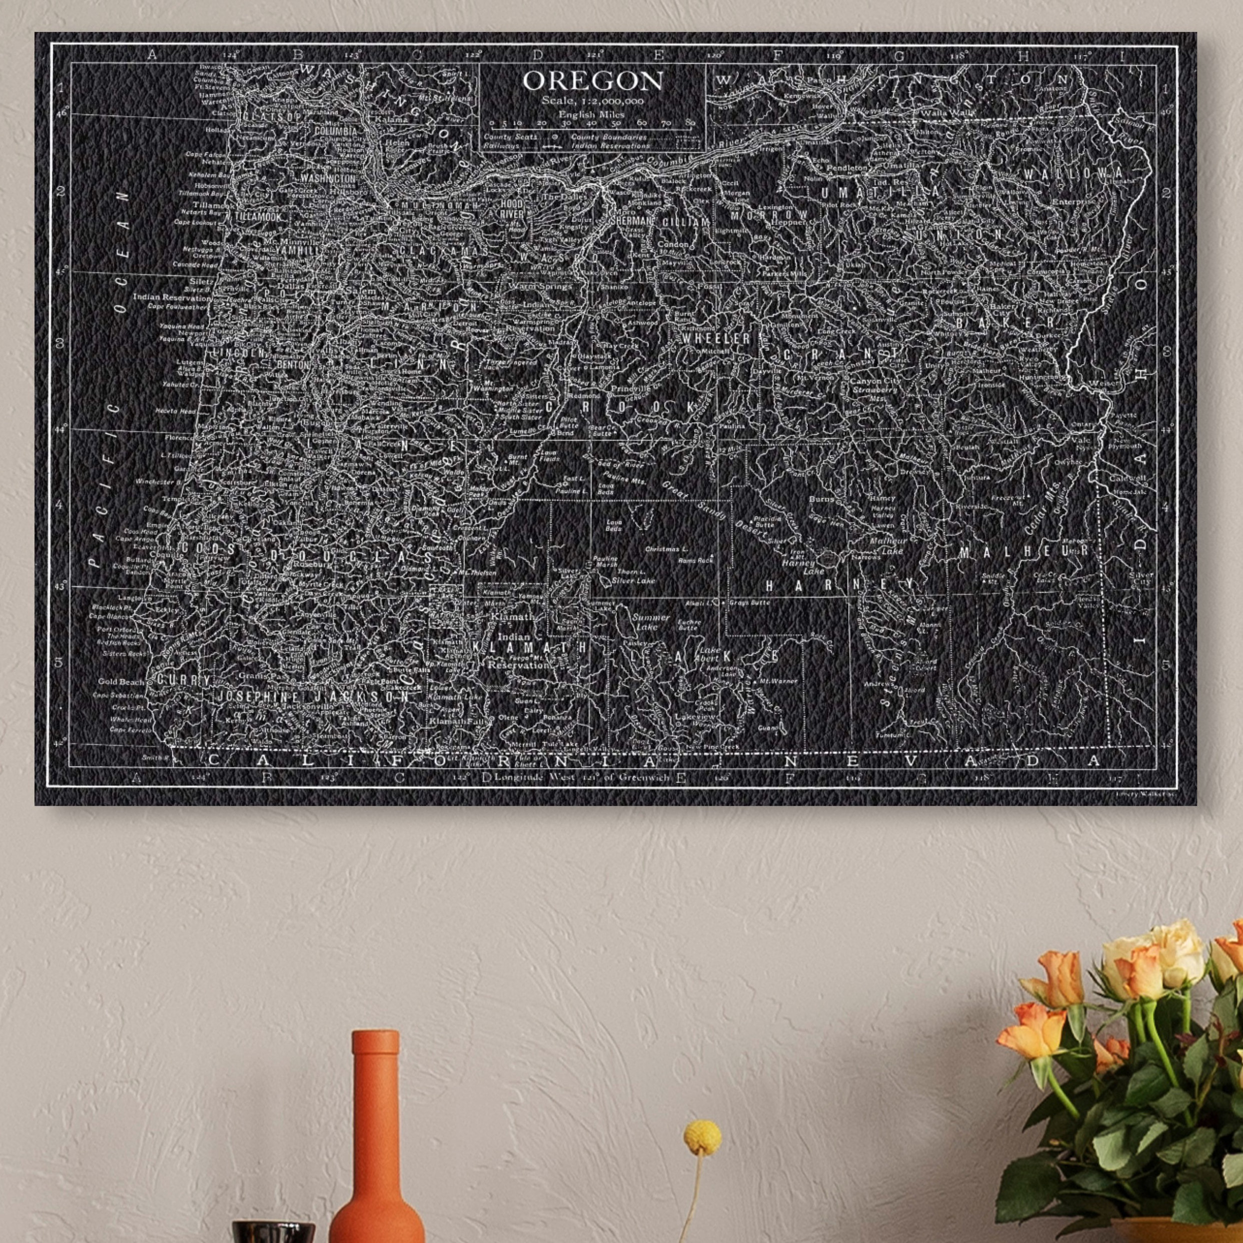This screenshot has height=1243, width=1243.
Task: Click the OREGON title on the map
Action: coord(593,81)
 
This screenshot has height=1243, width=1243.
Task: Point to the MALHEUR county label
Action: coord(1023,551)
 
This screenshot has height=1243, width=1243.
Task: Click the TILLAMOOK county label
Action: coord(257,217)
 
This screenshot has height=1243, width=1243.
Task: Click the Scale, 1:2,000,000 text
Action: coord(593,101)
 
